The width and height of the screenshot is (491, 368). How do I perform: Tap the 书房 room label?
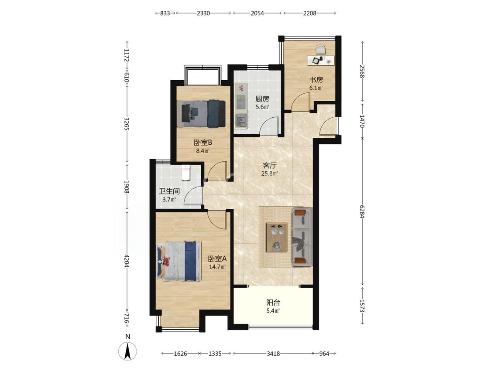pos(316,80)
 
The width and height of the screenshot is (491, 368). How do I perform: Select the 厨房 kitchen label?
pos(262,99)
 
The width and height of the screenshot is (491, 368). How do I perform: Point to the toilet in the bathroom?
pos(186,172)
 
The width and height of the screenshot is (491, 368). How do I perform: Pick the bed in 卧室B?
pos(201,113)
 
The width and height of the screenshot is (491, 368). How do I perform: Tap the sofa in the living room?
pos(302,237)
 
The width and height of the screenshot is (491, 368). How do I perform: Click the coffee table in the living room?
pos(277,237)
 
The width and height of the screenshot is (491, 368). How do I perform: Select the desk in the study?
pos(321,60)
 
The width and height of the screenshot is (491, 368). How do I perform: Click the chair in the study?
pos(321,50)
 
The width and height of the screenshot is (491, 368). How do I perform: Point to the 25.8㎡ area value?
pos(270,174)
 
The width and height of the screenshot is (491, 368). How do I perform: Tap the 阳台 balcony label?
pos(273,303)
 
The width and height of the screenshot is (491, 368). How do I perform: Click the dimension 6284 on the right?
pos(362,211)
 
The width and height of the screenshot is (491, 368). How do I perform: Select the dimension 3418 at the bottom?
pos(273,354)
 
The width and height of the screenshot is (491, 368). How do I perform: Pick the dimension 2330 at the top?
pos(203,13)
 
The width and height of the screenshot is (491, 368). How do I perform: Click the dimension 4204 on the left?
pos(127,260)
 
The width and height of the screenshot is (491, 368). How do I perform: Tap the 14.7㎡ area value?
pos(217,267)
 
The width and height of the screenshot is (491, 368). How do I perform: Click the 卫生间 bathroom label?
pos(169,191)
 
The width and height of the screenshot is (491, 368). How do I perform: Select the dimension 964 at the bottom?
pos(324,354)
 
